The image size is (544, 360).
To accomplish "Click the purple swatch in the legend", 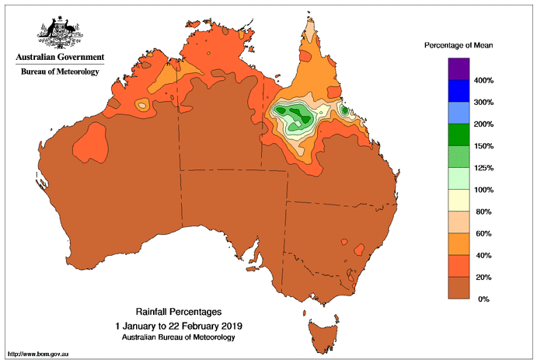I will (x=459, y=69).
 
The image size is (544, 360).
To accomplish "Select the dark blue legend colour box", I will (x=459, y=91).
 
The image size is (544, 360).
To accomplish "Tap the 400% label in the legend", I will (x=484, y=81).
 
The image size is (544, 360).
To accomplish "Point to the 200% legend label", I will (x=484, y=124).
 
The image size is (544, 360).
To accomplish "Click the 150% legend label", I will (x=484, y=146).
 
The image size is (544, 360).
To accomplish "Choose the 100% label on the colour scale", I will (x=484, y=190).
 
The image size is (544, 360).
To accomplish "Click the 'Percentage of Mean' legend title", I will (x=459, y=46).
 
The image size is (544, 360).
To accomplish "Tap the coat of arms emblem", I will (x=59, y=31).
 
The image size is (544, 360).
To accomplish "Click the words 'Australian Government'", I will (x=59, y=58).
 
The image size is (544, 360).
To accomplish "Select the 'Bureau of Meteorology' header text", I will (x=59, y=72).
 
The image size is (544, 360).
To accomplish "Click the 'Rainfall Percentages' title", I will (x=179, y=312).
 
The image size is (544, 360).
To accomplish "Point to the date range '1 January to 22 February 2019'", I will (x=179, y=325).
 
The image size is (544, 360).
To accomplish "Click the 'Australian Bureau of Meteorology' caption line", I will (x=179, y=337).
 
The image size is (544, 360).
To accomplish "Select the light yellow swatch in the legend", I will (x=459, y=200).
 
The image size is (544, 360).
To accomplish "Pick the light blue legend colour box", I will (x=459, y=113).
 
